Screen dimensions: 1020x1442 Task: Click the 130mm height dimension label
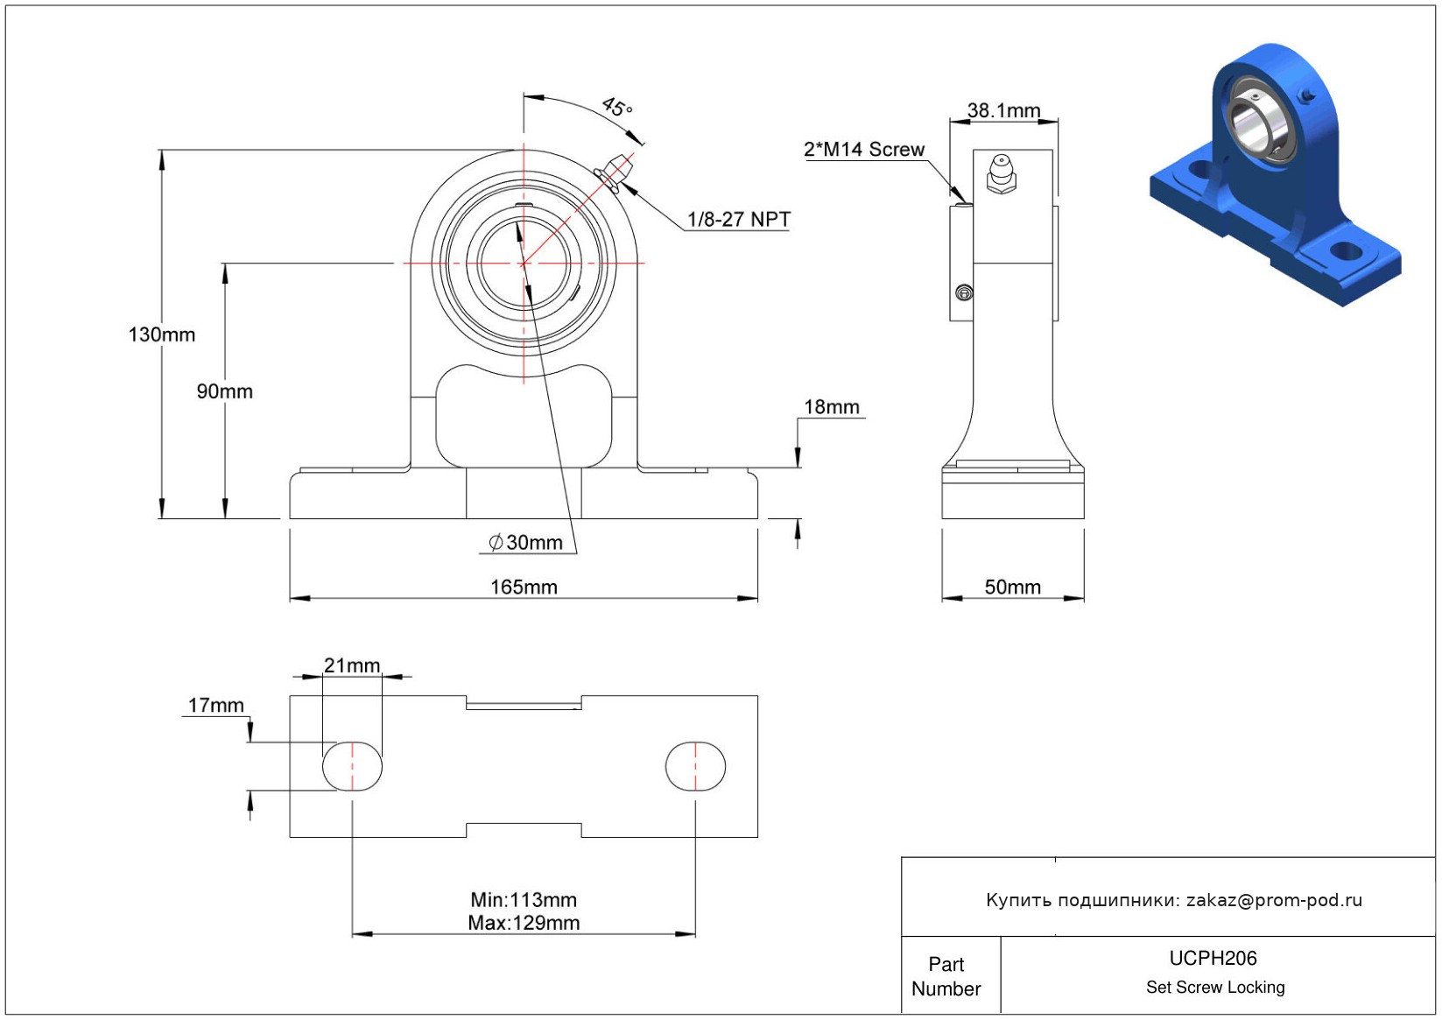[x=162, y=334]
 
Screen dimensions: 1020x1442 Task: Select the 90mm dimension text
[x=224, y=391]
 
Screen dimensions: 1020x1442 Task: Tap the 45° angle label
[x=617, y=108]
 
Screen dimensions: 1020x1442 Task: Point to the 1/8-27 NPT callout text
[x=738, y=219]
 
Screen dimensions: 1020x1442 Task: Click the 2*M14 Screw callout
[x=863, y=150]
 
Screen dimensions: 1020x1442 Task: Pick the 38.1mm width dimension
[x=1003, y=111]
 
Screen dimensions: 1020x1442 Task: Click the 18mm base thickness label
[x=831, y=407]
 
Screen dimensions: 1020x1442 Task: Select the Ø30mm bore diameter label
[x=525, y=543]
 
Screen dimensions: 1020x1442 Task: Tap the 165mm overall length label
[x=524, y=587]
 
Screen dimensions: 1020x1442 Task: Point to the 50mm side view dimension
[x=1012, y=587]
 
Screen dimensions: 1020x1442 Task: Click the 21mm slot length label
[x=352, y=665]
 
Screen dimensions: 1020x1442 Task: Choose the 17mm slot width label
[x=215, y=706]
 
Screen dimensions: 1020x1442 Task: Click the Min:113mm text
[x=524, y=900]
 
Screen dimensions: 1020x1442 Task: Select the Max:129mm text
[x=524, y=923]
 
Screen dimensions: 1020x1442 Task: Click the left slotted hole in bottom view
[x=352, y=766]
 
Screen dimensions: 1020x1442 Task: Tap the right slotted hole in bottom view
[x=695, y=766]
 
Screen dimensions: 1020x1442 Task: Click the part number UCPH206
[x=1213, y=959]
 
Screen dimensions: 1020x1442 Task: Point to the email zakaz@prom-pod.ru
[x=1274, y=900]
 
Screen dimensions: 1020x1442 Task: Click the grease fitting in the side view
[x=1001, y=172]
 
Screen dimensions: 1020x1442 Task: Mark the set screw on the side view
[x=964, y=292]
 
